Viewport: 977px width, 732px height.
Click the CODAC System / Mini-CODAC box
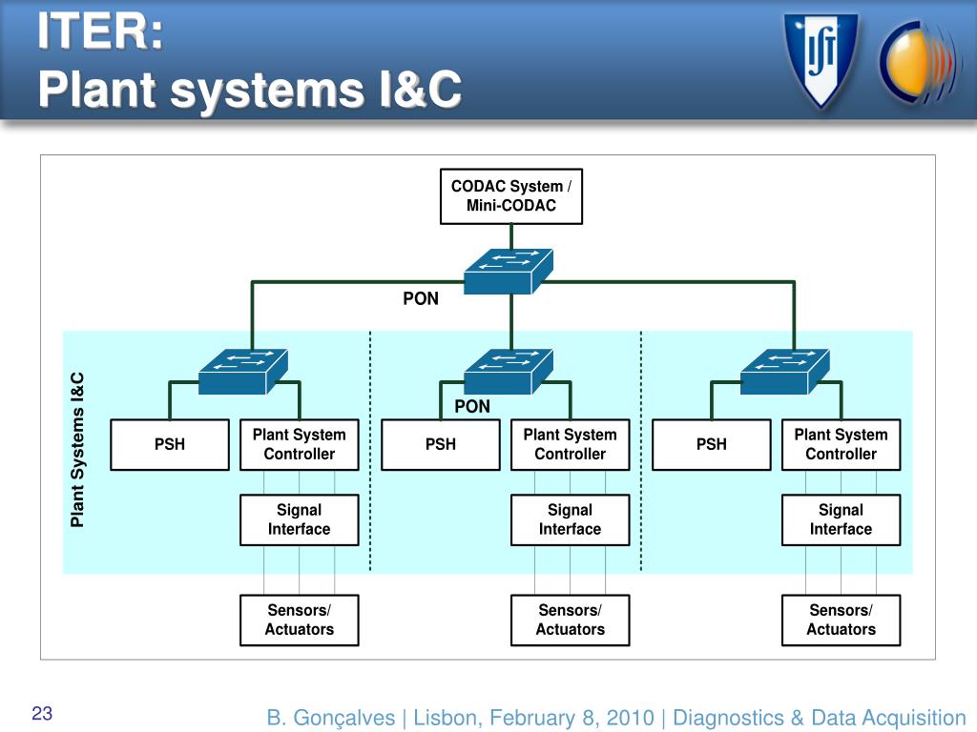tap(511, 196)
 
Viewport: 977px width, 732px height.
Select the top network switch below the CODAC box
tap(509, 272)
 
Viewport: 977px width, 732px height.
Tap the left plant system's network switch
tap(243, 372)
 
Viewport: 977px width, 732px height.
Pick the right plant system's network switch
tap(785, 372)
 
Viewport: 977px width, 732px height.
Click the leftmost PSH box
tap(170, 444)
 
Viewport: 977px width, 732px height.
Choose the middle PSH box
tap(441, 444)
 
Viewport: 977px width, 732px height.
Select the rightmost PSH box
tap(712, 444)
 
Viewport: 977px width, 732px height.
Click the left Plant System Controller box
tap(299, 444)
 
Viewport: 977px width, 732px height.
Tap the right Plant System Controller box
tap(842, 444)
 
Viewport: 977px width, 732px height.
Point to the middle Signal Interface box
tap(571, 519)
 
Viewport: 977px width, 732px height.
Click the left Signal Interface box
tap(299, 519)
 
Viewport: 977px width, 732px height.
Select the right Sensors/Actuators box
tap(842, 620)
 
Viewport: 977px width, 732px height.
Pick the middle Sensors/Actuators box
tap(571, 620)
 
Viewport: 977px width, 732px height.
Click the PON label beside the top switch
tap(421, 298)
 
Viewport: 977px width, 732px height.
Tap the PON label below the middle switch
tap(472, 406)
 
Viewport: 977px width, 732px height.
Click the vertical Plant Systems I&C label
tap(77, 450)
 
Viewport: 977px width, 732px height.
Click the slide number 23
tap(42, 713)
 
